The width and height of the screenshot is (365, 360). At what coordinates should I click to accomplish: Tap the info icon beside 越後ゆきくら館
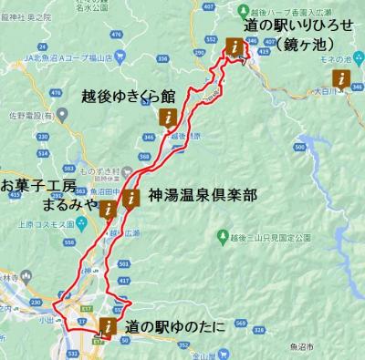169,118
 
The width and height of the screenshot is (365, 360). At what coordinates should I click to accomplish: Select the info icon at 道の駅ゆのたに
109,326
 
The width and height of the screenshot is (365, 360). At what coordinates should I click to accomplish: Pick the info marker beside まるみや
109,211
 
